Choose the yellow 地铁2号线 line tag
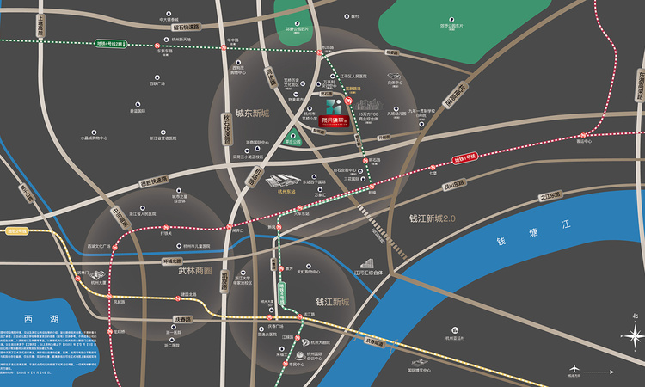pos(16,230)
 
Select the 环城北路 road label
pos(172,258)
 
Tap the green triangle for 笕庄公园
pos(293,135)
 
